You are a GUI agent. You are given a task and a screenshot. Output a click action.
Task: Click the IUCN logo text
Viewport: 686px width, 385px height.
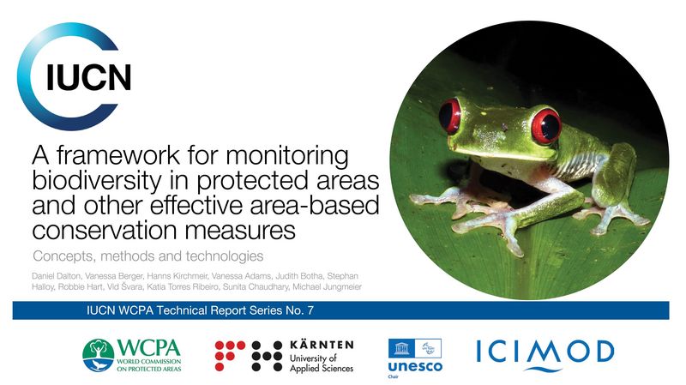[x=89, y=77]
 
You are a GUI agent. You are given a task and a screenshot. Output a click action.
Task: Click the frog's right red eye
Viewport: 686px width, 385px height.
[x=545, y=126]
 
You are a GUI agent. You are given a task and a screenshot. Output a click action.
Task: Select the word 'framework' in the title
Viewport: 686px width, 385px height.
[x=118, y=155]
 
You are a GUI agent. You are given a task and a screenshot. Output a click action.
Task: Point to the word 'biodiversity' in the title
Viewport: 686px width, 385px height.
[x=96, y=181]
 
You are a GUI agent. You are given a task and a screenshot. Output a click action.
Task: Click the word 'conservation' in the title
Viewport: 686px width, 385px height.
[x=104, y=231]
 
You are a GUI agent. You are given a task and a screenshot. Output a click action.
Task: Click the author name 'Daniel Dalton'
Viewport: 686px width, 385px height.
[x=57, y=276]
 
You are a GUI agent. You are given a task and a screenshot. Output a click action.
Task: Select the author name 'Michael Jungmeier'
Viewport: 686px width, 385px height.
[x=327, y=287]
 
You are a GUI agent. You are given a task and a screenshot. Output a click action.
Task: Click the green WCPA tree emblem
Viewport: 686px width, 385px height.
[x=98, y=355]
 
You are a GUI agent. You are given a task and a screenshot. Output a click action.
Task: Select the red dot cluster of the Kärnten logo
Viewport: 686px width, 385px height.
[x=230, y=355]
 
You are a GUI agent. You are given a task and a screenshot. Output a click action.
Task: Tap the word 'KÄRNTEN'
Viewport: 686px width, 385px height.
[x=322, y=345]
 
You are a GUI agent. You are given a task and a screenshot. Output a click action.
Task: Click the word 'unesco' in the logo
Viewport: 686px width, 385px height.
[x=415, y=366]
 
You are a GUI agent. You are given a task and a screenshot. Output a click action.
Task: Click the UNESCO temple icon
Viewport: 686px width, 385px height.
[x=401, y=349]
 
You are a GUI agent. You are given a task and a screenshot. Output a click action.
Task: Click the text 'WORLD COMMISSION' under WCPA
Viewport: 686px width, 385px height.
[x=148, y=361]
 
